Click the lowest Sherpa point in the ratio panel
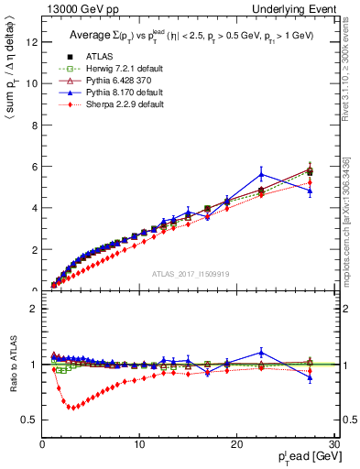[71, 408]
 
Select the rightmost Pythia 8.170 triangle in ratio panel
[310, 377]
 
